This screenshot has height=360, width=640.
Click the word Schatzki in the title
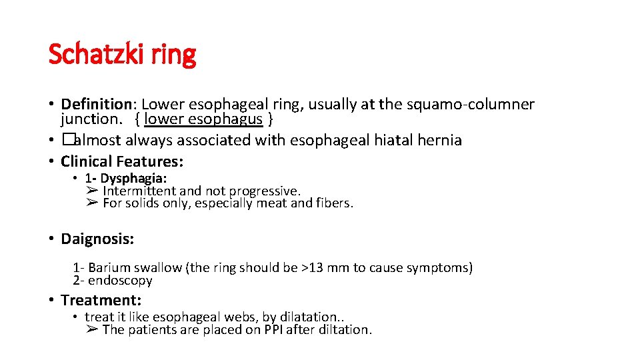[95, 55]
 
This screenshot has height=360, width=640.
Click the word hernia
[437, 140]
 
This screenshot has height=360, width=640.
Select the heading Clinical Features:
[122, 161]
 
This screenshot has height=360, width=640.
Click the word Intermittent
[140, 191]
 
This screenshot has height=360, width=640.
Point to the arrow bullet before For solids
[93, 203]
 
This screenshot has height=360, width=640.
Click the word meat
[271, 203]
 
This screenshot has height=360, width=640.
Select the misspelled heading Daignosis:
[97, 239]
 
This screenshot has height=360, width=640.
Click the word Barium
[110, 268]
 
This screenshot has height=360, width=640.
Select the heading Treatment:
[101, 300]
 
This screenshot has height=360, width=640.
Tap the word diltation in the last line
[347, 329]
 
